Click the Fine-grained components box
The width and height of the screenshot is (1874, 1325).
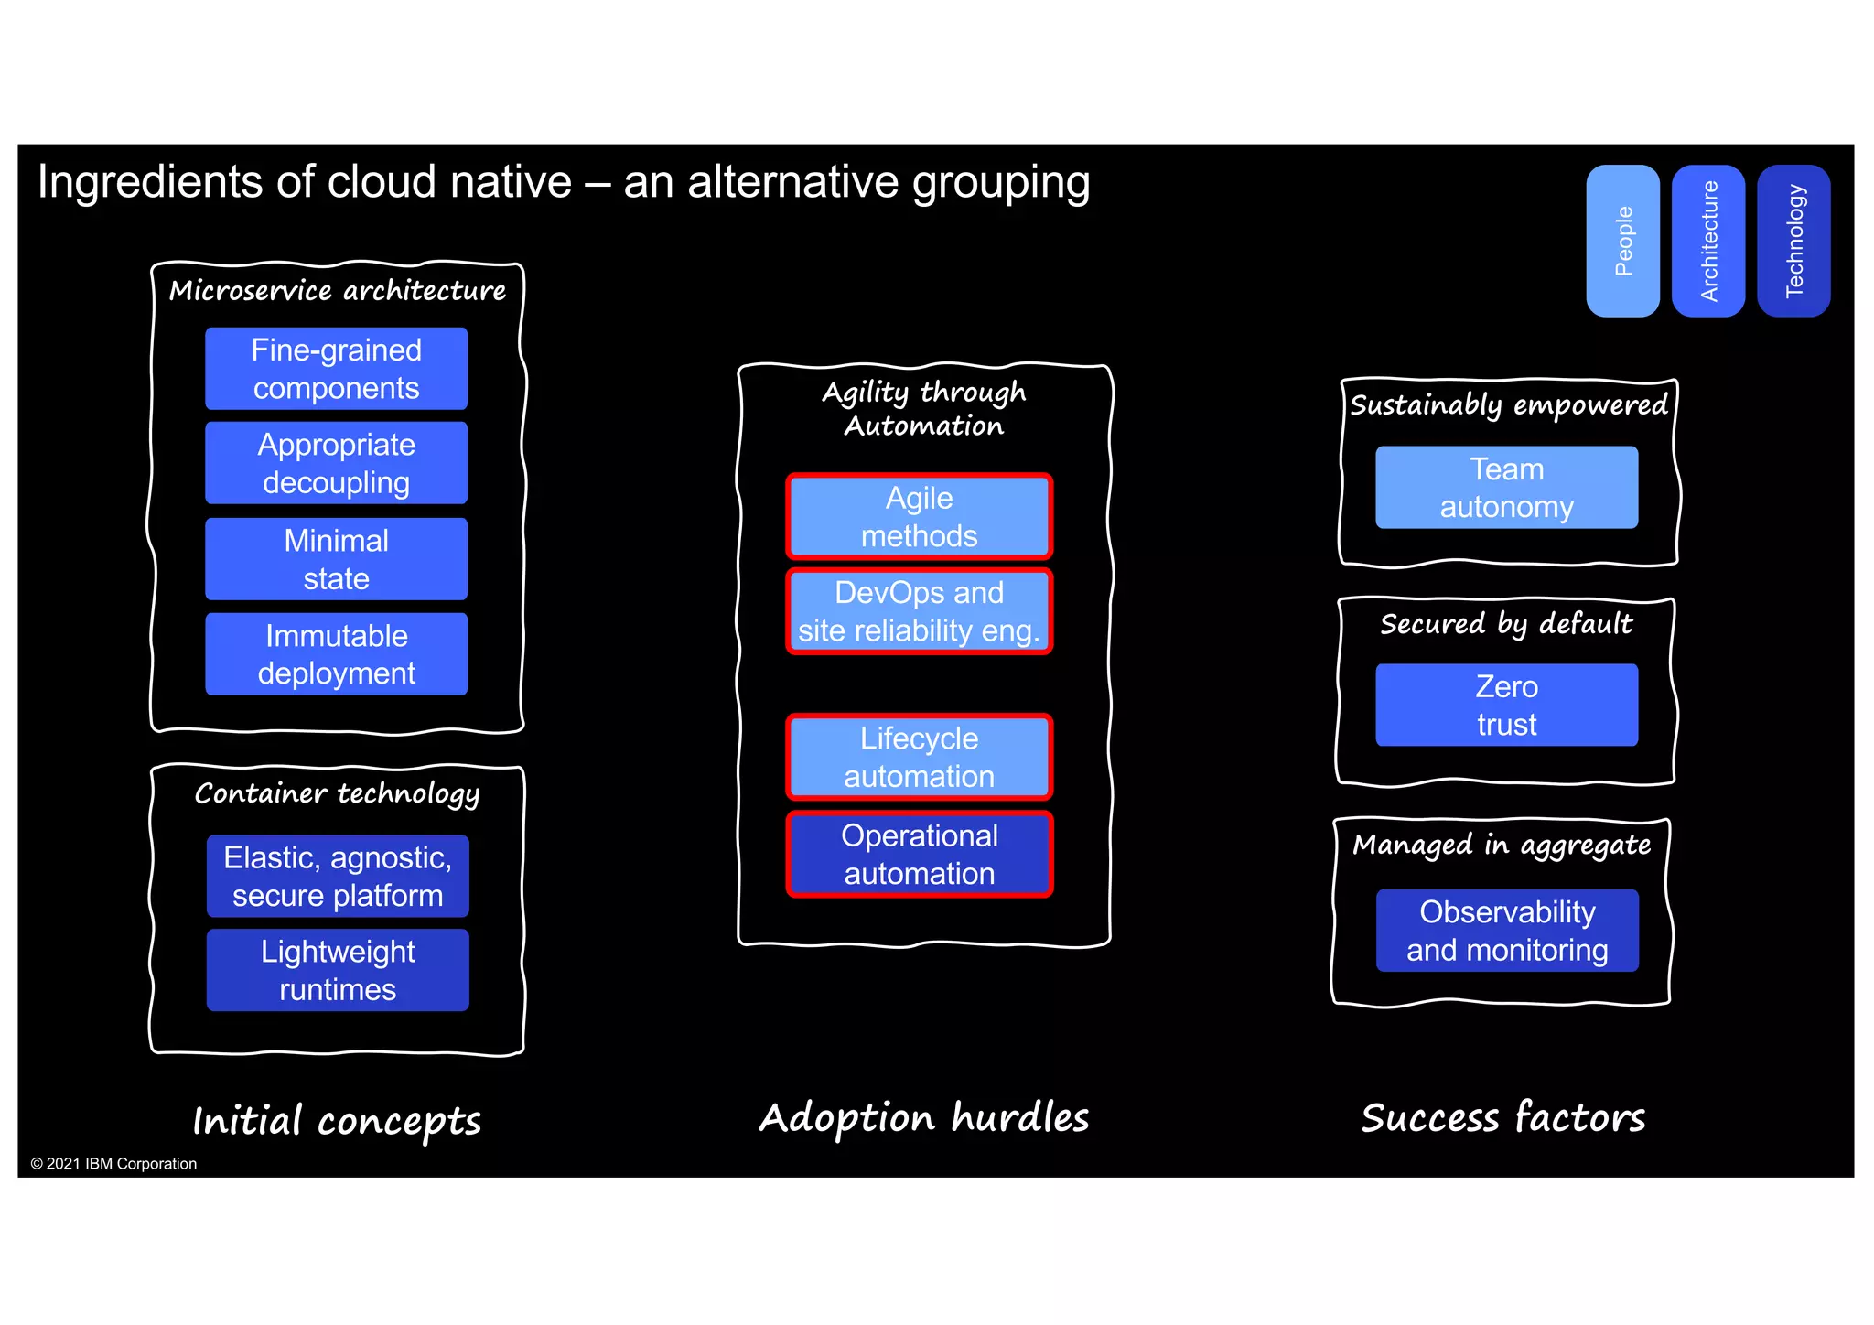[x=336, y=369]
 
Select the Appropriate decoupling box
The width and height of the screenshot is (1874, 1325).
[x=336, y=463]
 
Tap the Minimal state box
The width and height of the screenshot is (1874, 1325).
[x=336, y=559]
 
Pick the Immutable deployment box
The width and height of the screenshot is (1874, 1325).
[x=336, y=654]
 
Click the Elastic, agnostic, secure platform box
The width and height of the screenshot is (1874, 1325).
[x=338, y=876]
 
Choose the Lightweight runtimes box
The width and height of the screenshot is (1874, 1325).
[x=338, y=970]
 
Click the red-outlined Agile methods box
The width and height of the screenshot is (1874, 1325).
[x=919, y=517]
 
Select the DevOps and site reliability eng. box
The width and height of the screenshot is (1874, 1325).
[x=919, y=611]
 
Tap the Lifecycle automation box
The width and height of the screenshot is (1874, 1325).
[x=919, y=757]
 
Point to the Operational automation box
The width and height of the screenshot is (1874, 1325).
[x=919, y=854]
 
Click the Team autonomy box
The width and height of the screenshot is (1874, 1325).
[x=1506, y=488]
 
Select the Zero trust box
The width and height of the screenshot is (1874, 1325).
[x=1506, y=705]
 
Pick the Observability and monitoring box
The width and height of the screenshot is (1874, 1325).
[x=1506, y=931]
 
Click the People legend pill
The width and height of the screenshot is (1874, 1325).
[x=1622, y=241]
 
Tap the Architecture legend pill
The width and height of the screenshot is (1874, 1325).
[x=1707, y=241]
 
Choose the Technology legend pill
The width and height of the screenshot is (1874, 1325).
[x=1793, y=241]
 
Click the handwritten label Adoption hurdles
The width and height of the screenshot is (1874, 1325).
[x=924, y=1118]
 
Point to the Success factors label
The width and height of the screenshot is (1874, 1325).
[x=1503, y=1118]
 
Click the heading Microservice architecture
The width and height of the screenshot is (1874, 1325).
[x=338, y=291]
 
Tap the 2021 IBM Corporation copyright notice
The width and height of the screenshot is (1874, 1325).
[x=114, y=1164]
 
